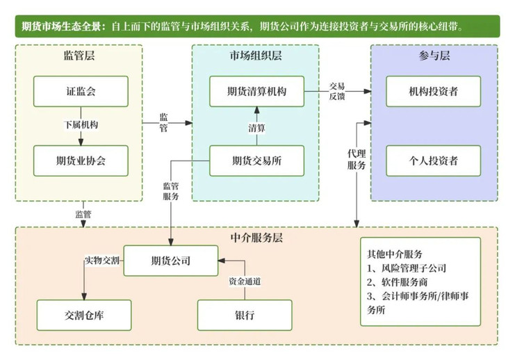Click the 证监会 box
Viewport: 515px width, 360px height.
coord(81,91)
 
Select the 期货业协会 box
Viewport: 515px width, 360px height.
coord(81,161)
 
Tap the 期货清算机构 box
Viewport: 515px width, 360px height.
coord(257,91)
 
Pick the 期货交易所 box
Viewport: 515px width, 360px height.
coord(257,161)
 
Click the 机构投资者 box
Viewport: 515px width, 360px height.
coord(434,91)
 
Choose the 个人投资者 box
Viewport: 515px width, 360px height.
coord(434,161)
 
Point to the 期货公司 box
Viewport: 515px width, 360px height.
coord(171,261)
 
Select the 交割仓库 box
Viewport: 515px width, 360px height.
coord(84,315)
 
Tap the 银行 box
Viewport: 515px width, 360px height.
coord(245,315)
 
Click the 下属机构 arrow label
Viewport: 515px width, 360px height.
coord(81,125)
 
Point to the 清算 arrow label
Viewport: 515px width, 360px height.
coord(257,128)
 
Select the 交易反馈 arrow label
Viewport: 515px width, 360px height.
coord(337,91)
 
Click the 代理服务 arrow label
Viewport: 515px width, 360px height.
coord(357,159)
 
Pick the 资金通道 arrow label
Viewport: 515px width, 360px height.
coord(245,281)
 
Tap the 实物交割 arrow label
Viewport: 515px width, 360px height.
coord(102,261)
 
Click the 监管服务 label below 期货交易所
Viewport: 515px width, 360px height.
coord(171,191)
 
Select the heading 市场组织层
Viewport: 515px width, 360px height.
coord(256,55)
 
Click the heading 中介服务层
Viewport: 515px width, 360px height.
coord(256,238)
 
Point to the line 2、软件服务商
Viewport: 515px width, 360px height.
coord(398,282)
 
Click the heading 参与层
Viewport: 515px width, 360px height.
coord(434,55)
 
